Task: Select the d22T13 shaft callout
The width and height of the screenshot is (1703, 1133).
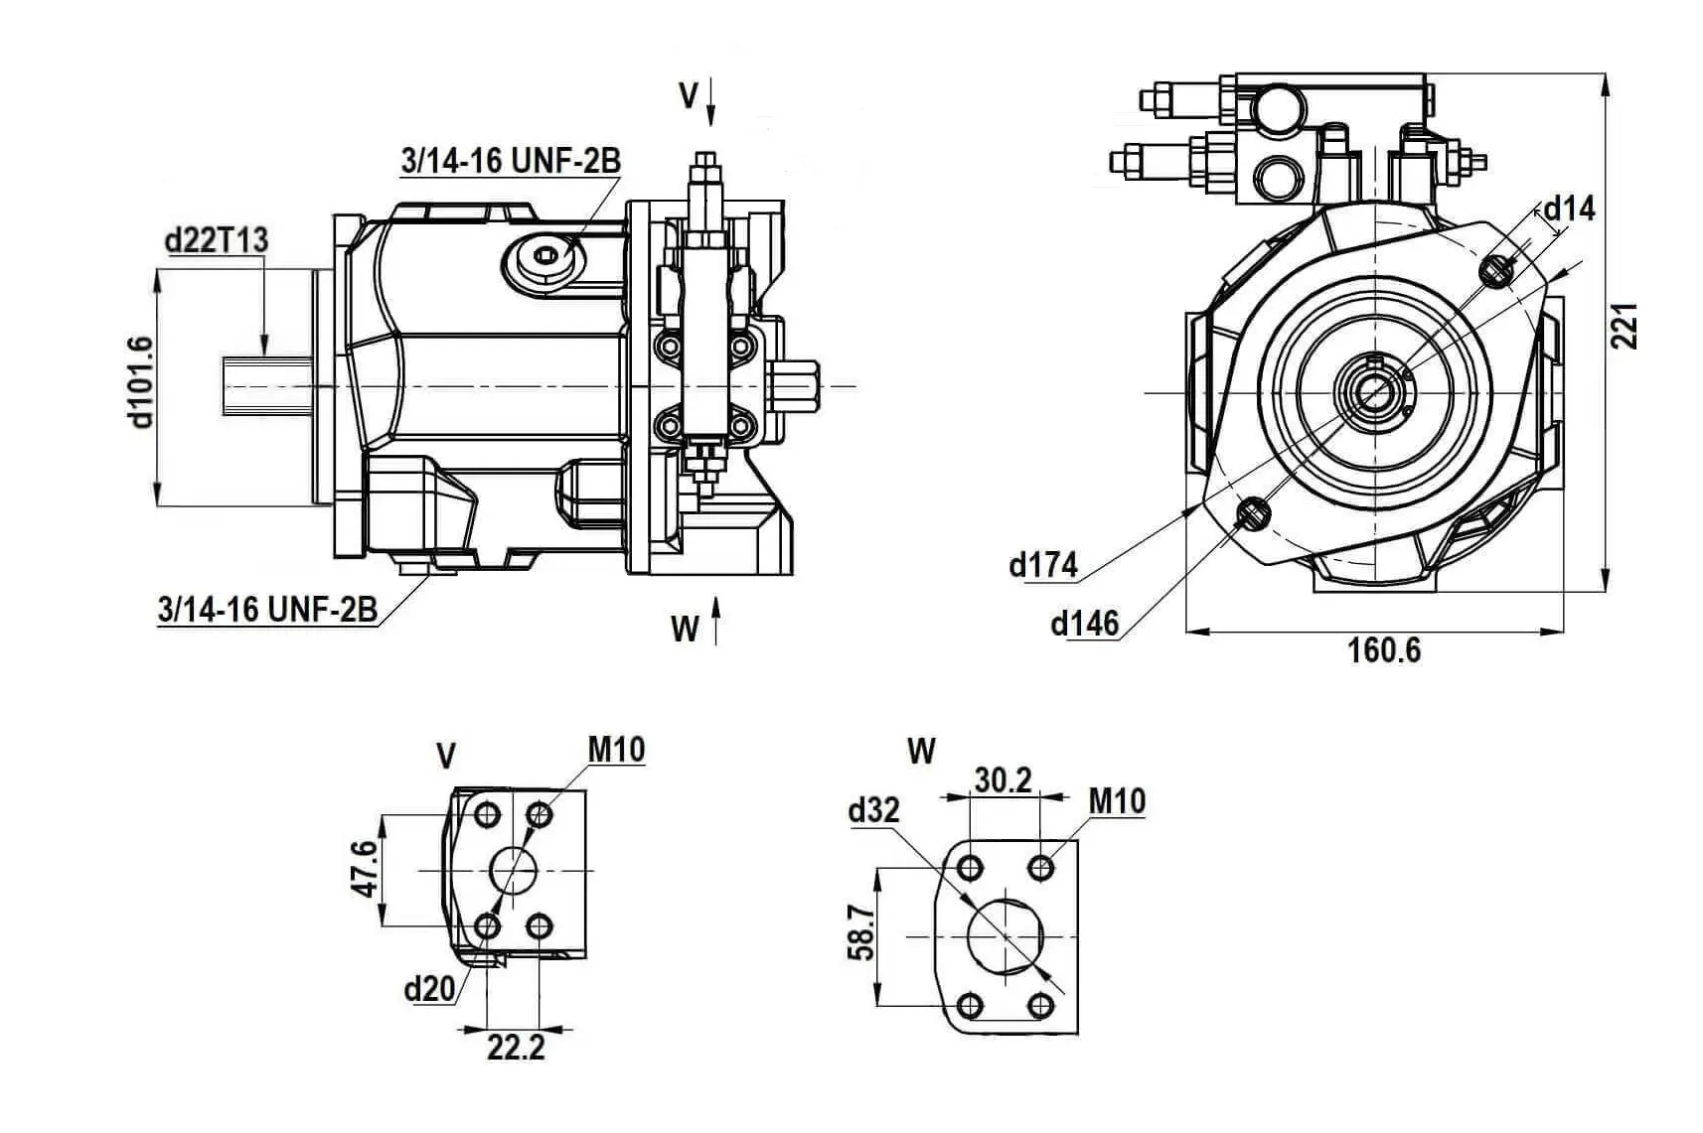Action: [217, 240]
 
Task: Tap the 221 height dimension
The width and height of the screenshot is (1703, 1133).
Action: [1624, 325]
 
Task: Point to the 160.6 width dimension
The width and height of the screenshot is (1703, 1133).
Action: [1383, 650]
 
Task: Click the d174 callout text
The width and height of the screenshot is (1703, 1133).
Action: [1043, 565]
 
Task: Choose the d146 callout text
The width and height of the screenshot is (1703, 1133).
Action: [1084, 624]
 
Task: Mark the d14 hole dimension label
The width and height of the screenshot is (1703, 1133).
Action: [1569, 209]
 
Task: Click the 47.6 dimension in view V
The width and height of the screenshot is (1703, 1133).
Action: [366, 869]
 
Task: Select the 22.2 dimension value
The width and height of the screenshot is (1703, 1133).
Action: [516, 1047]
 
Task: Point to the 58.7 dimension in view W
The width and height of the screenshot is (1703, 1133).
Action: [861, 934]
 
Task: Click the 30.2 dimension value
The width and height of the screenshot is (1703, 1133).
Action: [1003, 780]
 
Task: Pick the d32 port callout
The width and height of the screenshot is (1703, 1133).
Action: [873, 811]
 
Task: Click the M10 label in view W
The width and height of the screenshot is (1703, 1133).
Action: [1117, 800]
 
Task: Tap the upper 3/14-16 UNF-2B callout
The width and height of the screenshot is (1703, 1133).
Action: [511, 160]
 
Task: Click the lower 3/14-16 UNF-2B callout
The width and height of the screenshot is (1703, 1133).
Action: [267, 610]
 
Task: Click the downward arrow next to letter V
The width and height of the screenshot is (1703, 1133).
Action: [711, 103]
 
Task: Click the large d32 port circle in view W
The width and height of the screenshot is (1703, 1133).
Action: [1006, 935]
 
